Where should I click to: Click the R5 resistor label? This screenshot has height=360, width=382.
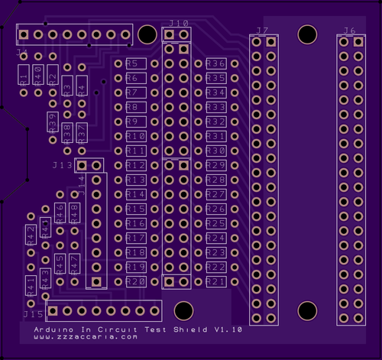133,63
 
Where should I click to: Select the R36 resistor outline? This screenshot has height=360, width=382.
215,63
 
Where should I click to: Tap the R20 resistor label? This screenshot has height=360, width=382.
135,281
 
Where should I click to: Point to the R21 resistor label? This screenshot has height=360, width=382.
215,282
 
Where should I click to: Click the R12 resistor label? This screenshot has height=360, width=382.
135,165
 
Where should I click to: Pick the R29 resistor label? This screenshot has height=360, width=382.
215,165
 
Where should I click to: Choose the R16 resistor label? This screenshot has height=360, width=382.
135,223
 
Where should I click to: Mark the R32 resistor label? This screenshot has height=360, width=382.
215,122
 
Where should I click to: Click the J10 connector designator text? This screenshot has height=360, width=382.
178,24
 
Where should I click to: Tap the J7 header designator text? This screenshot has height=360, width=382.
262,31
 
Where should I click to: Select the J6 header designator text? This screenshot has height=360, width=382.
349,31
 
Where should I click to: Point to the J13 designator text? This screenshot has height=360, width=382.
63,165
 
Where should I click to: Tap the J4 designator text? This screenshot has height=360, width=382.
22,54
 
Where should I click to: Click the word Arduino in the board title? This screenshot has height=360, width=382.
50,329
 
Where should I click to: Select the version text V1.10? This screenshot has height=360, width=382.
228,329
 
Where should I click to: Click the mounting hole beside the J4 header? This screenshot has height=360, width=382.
145,34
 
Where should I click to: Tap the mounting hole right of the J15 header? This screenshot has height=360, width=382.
183,310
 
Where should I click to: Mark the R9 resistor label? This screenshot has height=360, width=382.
131,122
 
